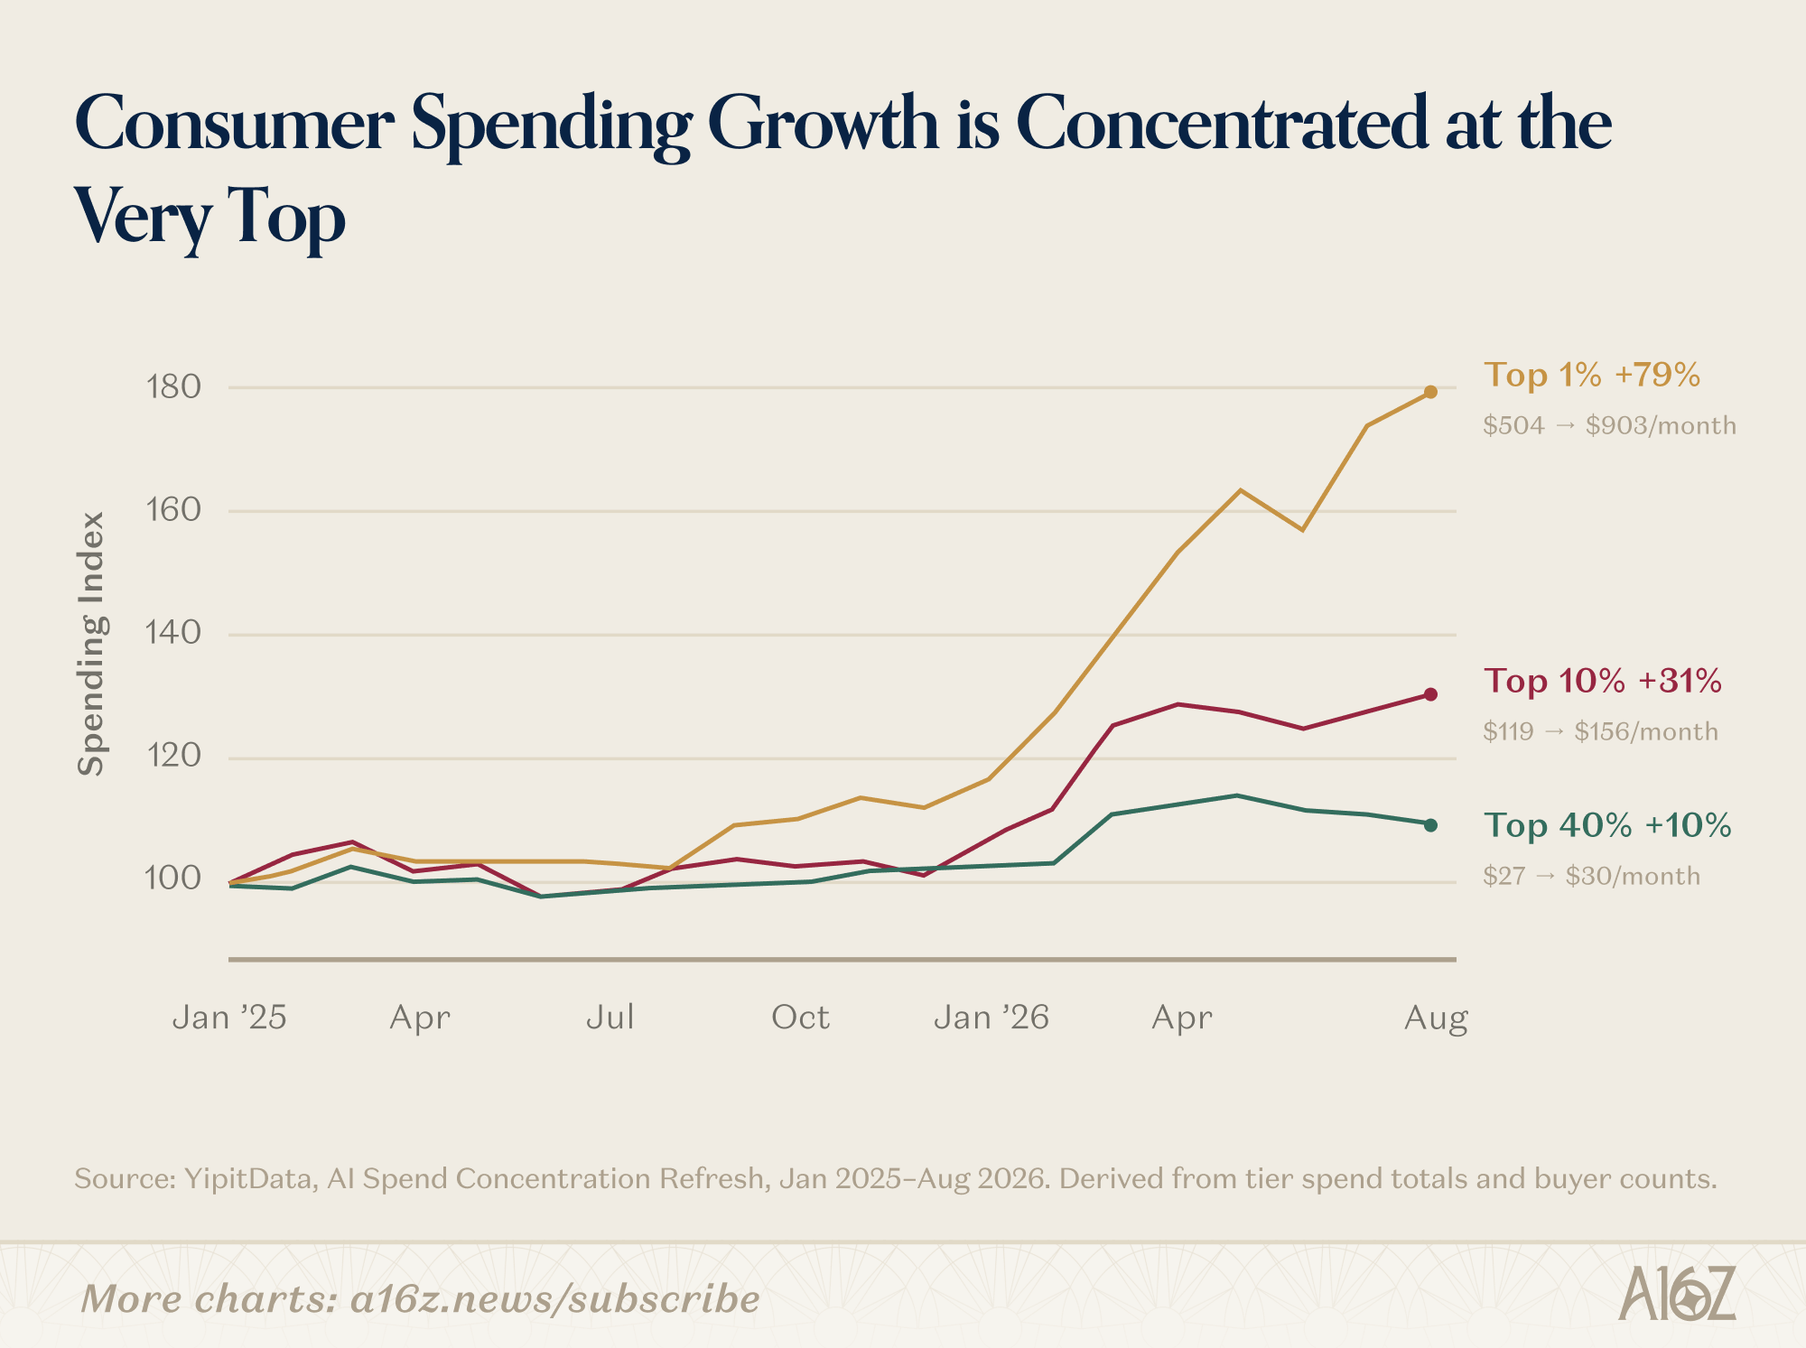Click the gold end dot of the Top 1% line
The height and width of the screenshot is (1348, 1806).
pos(1430,392)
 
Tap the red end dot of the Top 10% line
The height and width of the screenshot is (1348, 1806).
pos(1430,694)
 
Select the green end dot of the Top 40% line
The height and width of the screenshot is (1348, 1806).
pos(1430,824)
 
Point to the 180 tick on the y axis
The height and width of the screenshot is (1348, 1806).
pos(173,387)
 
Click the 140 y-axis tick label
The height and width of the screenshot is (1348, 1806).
pos(173,633)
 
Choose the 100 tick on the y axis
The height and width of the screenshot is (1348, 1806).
pos(173,878)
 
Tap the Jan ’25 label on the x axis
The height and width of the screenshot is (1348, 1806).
pos(229,1018)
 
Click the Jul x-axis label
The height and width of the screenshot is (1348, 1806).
pos(610,1018)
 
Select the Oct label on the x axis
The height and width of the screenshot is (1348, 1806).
pos(800,1018)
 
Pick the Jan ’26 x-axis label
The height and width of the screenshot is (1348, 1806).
pos(991,1018)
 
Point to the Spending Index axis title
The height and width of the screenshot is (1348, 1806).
pos(91,644)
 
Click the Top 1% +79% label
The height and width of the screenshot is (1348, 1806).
pos(1592,375)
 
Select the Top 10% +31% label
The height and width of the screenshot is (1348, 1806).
pos(1603,681)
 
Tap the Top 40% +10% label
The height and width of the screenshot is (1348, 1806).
pos(1607,825)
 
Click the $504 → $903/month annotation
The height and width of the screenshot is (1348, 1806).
pos(1609,425)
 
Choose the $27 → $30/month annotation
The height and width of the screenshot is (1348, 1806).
pos(1591,876)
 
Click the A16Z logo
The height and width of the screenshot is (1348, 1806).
pos(1677,1294)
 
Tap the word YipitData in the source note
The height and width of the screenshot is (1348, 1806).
pos(247,1179)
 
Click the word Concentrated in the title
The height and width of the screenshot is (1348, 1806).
pos(1223,124)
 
